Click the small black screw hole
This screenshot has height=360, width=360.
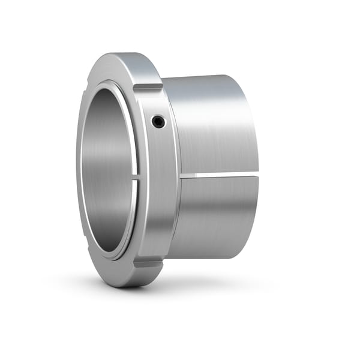click(x=158, y=122)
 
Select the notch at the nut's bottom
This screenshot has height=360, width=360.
click(x=148, y=263)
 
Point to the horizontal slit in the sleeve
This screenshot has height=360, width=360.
click(x=219, y=175)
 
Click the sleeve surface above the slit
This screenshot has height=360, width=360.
click(x=213, y=126)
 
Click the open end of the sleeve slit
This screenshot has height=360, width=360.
click(x=257, y=175)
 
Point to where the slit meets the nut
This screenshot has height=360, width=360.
click(x=181, y=176)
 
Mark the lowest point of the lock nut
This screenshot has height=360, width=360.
click(x=129, y=287)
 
